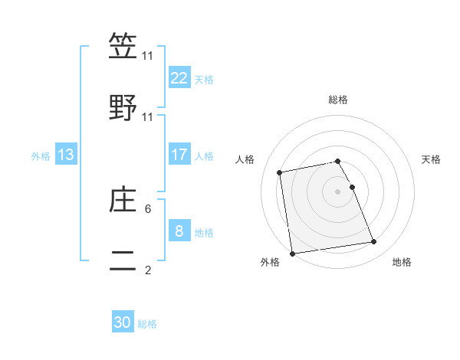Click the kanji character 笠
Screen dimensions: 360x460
point(123,46)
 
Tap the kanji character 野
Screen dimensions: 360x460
point(123,108)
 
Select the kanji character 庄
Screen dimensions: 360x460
point(123,200)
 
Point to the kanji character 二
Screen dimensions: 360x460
point(123,261)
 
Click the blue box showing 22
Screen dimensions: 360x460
point(179,77)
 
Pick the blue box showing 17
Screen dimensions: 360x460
point(179,155)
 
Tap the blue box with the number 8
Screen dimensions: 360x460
point(179,231)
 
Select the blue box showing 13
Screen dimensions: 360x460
point(66,155)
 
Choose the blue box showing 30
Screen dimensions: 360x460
point(123,322)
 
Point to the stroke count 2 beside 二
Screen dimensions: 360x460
point(148,270)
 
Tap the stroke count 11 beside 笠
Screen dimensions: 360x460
point(148,55)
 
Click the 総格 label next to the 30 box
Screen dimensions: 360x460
point(147,324)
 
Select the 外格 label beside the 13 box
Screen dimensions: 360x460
point(41,155)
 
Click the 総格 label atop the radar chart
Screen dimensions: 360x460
point(338,100)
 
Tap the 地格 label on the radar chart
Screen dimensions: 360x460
point(402,262)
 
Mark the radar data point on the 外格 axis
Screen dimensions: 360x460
point(292,253)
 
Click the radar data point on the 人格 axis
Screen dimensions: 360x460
point(280,172)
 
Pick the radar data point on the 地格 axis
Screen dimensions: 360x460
point(373,242)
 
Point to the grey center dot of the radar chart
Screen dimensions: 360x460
point(338,191)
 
